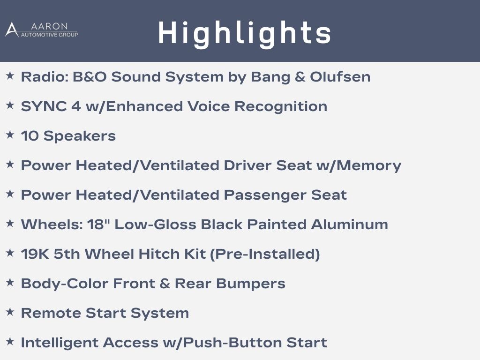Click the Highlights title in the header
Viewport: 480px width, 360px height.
pos(244,33)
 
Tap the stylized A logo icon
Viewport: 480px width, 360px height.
pos(12,30)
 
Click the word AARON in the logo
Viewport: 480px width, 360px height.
pos(49,26)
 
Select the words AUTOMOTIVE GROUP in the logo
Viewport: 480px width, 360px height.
pos(49,35)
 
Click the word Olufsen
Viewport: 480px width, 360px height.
pos(340,76)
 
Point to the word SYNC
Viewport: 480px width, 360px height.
pos(44,106)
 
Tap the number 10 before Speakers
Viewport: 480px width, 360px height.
pos(30,136)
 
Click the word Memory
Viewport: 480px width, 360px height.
pos(368,165)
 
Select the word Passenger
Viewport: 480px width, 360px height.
pos(265,195)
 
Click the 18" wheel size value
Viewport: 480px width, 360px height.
pos(96,225)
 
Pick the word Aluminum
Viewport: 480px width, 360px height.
pos(350,225)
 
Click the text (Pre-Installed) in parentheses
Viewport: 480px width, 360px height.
pos(265,254)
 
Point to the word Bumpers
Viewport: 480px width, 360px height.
pos(251,284)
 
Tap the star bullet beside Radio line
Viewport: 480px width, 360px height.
pos(10,75)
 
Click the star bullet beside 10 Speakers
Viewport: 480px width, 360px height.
pos(10,135)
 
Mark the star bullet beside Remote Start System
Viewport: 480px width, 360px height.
pos(10,312)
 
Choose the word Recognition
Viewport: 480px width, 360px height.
pos(281,107)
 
